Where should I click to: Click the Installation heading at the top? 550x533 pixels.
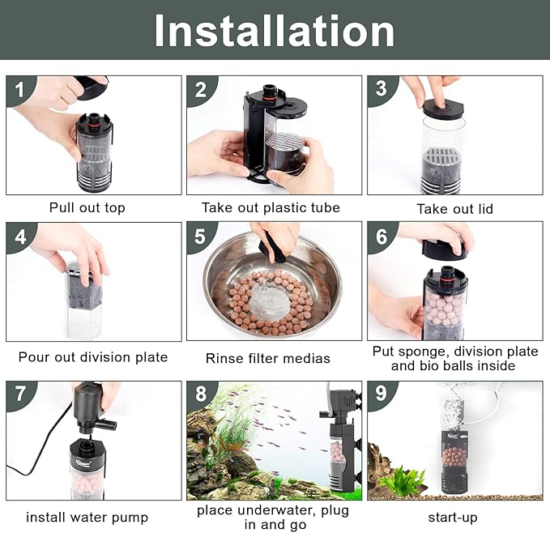pyautogui.click(x=275, y=30)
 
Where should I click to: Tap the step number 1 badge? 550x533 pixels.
pyautogui.click(x=17, y=89)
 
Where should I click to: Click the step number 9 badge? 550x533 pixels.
pyautogui.click(x=380, y=394)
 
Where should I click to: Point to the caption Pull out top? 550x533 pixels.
pyautogui.click(x=87, y=208)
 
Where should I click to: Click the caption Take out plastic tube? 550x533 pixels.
pyautogui.click(x=271, y=208)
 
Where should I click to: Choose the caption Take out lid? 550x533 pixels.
pyautogui.click(x=454, y=209)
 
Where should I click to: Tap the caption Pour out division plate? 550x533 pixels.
pyautogui.click(x=93, y=356)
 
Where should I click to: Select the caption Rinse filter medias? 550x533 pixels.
pyautogui.click(x=268, y=357)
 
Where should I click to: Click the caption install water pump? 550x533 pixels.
pyautogui.click(x=87, y=517)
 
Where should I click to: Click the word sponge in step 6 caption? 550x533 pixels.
pyautogui.click(x=420, y=352)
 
